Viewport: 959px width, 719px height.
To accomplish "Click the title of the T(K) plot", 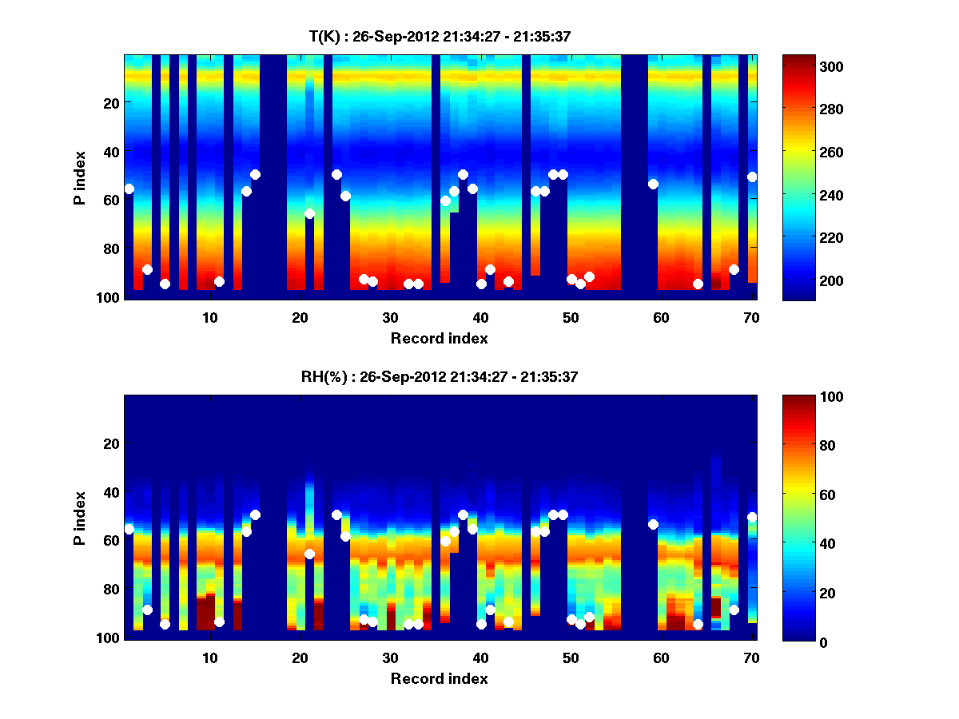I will [x=439, y=36].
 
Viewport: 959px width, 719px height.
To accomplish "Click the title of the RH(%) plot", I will [x=439, y=377].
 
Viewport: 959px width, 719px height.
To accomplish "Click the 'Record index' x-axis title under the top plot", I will [x=439, y=338].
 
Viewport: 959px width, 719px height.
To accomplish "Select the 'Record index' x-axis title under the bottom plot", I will [x=439, y=678].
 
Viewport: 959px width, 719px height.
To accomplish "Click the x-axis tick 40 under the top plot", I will [x=480, y=317].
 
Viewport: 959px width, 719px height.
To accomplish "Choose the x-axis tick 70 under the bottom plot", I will [x=751, y=657].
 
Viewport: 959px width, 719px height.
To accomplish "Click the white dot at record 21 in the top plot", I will [x=309, y=213].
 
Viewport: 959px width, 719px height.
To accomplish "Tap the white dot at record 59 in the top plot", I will [x=653, y=184].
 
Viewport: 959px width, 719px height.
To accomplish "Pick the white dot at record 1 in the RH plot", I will [x=129, y=529].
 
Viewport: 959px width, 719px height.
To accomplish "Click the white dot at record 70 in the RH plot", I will [x=752, y=517].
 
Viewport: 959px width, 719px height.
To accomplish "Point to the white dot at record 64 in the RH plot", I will [x=698, y=624].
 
